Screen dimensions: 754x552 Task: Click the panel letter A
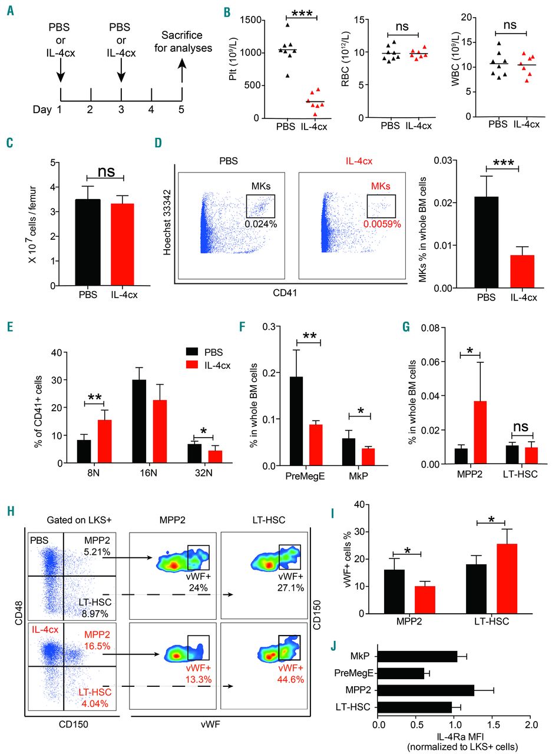[x=11, y=11]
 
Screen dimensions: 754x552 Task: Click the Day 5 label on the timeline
[x=182, y=109]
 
